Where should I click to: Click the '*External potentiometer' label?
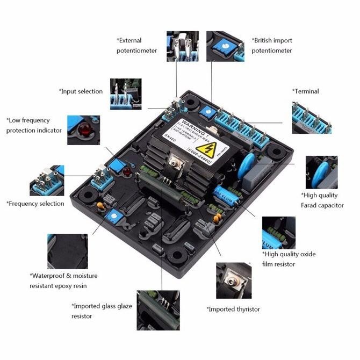(x=137, y=45)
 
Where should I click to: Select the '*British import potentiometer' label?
(x=272, y=45)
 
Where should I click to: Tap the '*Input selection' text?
(x=81, y=91)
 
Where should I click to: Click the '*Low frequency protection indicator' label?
(x=34, y=125)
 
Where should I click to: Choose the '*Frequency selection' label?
(x=35, y=204)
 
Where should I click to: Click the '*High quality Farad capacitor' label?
(x=322, y=200)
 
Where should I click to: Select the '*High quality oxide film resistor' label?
(x=296, y=259)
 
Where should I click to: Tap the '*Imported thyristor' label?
(x=233, y=309)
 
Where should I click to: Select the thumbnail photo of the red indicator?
(x=83, y=130)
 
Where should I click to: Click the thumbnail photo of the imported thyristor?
(x=233, y=280)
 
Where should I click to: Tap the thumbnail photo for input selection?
(x=126, y=95)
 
